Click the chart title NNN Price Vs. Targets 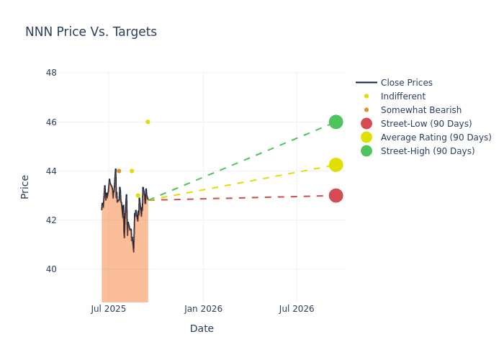pyautogui.click(x=91, y=32)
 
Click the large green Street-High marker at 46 pyautogui.click(x=336, y=122)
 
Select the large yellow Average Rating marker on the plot pyautogui.click(x=336, y=165)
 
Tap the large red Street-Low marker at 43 pyautogui.click(x=336, y=195)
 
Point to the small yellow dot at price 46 pyautogui.click(x=148, y=122)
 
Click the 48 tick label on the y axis pyautogui.click(x=51, y=73)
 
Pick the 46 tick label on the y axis pyautogui.click(x=51, y=122)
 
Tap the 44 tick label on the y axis pyautogui.click(x=51, y=171)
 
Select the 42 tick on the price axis pyautogui.click(x=51, y=220)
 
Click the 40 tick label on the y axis pyautogui.click(x=51, y=269)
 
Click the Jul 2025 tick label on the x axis pyautogui.click(x=109, y=309)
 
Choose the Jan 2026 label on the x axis pyautogui.click(x=203, y=309)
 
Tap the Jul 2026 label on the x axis pyautogui.click(x=297, y=309)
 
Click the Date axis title pyautogui.click(x=202, y=328)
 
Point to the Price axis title pyautogui.click(x=25, y=186)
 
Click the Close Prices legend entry pyautogui.click(x=406, y=83)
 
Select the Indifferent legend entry pyautogui.click(x=402, y=96)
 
